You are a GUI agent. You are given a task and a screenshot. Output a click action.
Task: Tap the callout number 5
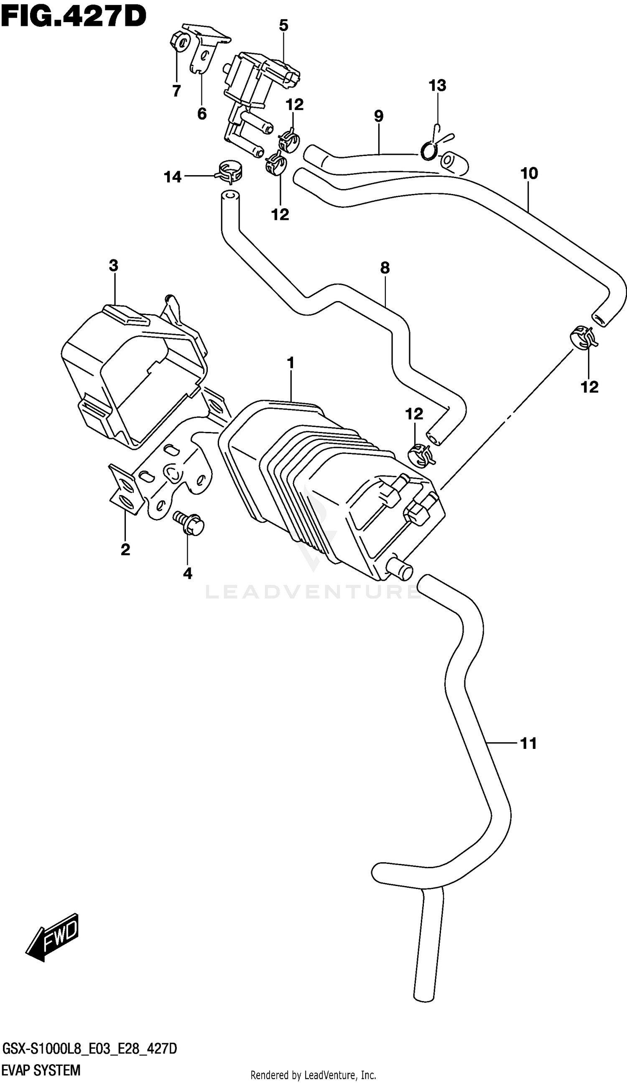(284, 26)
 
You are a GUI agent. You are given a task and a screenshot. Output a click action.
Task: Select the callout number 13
(438, 86)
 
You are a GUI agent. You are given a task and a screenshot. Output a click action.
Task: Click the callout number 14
(173, 176)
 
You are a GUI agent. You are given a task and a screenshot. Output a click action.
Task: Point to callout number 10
(529, 174)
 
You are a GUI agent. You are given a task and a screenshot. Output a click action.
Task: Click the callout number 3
(113, 266)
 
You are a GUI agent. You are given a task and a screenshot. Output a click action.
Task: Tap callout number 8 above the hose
(385, 268)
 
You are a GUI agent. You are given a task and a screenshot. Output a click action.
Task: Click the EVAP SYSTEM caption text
(41, 1070)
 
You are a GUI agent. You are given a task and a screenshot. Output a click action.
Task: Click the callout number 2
(125, 549)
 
